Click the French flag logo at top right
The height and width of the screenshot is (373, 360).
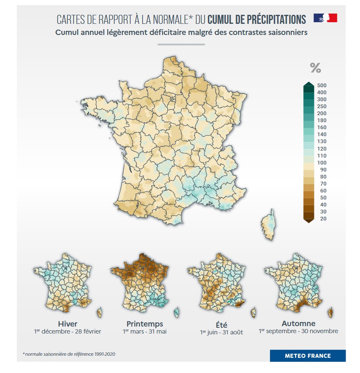tap(325, 18)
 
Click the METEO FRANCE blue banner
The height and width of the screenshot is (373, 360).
tap(307, 356)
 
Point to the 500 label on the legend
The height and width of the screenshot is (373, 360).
tap(322, 86)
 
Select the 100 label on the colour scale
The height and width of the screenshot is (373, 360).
tap(322, 163)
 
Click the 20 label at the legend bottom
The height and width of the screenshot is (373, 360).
tap(322, 219)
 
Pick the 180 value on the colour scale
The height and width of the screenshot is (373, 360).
tap(322, 120)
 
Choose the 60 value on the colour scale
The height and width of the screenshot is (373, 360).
tap(322, 191)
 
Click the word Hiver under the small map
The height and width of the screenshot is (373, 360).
tap(67, 324)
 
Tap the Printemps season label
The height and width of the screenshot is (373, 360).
tap(145, 324)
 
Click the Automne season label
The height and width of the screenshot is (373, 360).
tap(298, 324)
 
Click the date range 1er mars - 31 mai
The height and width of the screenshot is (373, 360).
tap(145, 331)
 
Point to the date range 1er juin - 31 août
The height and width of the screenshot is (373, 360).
tap(222, 332)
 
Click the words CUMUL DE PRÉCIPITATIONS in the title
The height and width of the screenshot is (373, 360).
tap(257, 19)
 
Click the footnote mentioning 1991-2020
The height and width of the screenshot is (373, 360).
tap(69, 354)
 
